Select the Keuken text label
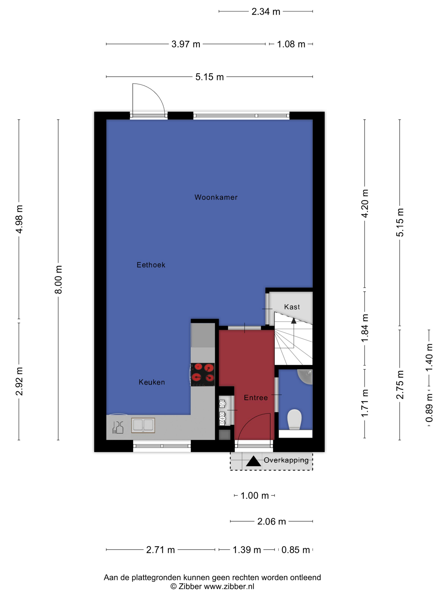(151, 382)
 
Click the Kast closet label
(292, 307)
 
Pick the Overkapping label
(286, 460)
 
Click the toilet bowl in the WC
(294, 419)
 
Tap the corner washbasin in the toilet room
(305, 377)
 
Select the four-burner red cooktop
(203, 374)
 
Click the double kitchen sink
(143, 425)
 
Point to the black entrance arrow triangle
(253, 461)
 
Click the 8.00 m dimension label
(58, 280)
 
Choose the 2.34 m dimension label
(266, 12)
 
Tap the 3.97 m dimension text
(186, 44)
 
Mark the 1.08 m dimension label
(291, 44)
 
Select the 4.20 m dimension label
(365, 203)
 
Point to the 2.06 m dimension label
(271, 522)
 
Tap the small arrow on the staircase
(294, 321)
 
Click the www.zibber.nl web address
(229, 586)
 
